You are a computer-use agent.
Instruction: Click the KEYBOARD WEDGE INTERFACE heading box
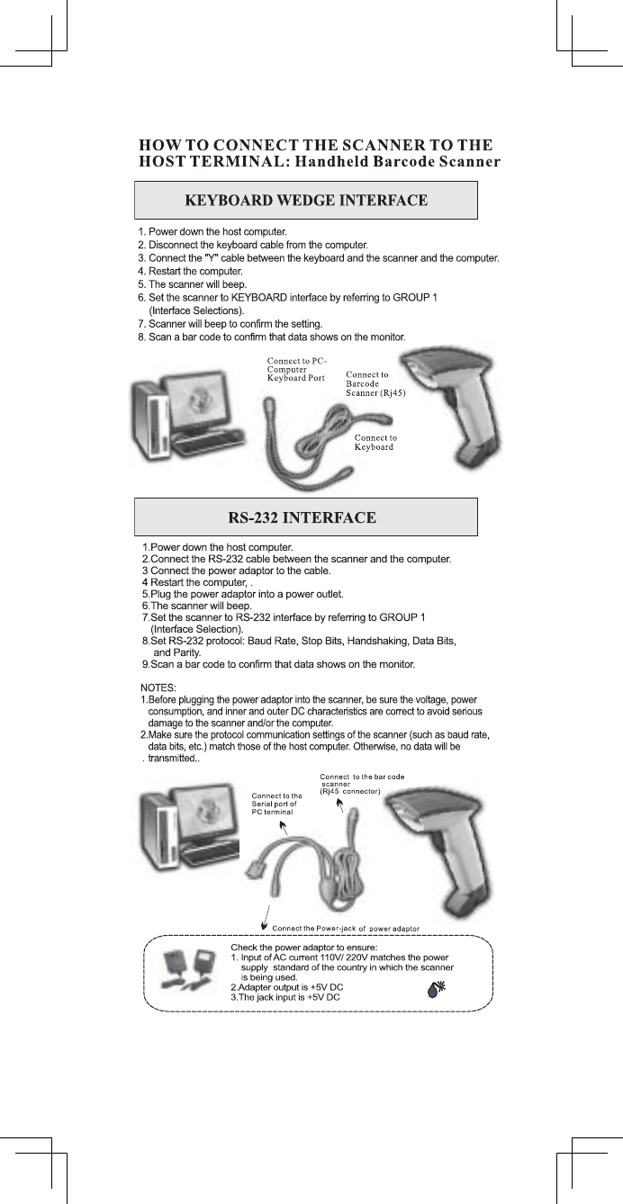pos(305,200)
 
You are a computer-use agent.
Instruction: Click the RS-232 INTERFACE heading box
pos(305,517)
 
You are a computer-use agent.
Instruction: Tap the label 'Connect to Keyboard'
pos(375,443)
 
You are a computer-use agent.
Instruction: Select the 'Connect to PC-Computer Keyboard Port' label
pos(296,370)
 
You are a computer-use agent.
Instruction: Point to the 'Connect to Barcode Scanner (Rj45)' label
pos(375,384)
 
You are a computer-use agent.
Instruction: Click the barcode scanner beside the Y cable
pos(451,403)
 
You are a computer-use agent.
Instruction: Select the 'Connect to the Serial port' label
pos(276,804)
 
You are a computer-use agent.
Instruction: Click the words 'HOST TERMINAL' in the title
pos(209,162)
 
